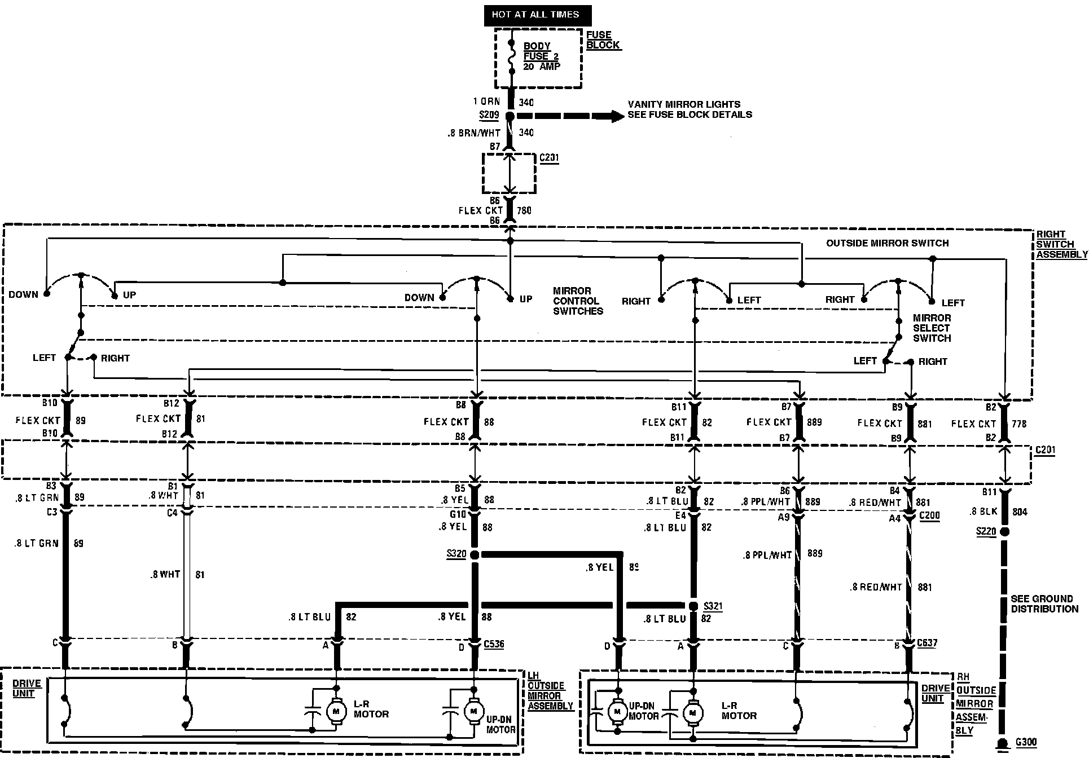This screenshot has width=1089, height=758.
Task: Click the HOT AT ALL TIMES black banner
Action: coord(535,15)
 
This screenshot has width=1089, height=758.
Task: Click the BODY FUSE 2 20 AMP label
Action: coord(541,56)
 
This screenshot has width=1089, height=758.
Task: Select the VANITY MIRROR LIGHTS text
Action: coord(684,104)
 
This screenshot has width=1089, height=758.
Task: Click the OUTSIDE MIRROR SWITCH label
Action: coord(887,243)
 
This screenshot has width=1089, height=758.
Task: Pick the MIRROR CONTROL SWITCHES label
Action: coord(578,301)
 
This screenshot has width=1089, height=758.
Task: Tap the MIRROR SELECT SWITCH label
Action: coord(932,328)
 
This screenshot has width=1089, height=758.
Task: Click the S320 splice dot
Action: coord(475,555)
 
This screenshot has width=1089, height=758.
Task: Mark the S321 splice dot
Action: coord(693,606)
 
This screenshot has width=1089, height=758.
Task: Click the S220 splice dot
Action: coord(1004,531)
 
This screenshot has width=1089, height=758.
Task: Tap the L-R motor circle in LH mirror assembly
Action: coord(336,711)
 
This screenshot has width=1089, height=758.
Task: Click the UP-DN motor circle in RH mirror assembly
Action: coord(617,711)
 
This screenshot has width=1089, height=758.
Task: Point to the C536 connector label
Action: coord(494,644)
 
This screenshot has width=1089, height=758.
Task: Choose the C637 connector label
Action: coord(927,643)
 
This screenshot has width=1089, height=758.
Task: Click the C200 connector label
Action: coord(929,515)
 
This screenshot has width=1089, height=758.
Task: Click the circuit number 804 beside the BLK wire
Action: coord(1020,512)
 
